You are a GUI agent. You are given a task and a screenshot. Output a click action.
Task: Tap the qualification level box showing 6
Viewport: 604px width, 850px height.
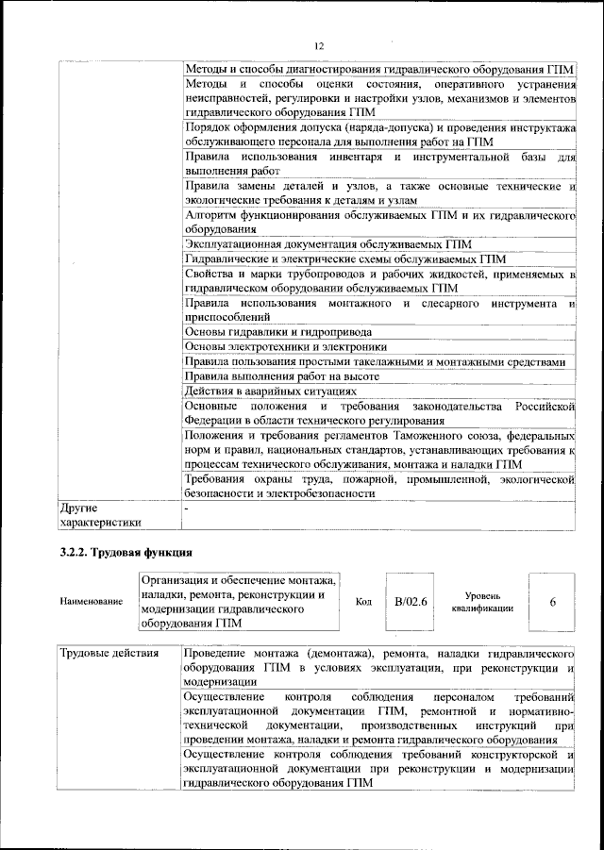pyautogui.click(x=552, y=601)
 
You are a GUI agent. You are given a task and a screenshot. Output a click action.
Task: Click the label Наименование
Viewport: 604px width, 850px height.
pyautogui.click(x=91, y=601)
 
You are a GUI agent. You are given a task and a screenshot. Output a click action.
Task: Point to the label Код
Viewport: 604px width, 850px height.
pyautogui.click(x=363, y=601)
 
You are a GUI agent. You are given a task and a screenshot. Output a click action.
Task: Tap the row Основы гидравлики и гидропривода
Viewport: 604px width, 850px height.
pyautogui.click(x=277, y=332)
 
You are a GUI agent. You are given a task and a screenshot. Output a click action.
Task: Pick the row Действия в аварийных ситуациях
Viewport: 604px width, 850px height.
pyautogui.click(x=272, y=392)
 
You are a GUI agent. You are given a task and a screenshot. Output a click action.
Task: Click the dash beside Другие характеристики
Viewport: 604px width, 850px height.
pyautogui.click(x=187, y=508)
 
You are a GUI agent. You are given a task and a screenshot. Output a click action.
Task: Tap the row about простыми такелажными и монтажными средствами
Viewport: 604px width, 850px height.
pyautogui.click(x=375, y=362)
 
